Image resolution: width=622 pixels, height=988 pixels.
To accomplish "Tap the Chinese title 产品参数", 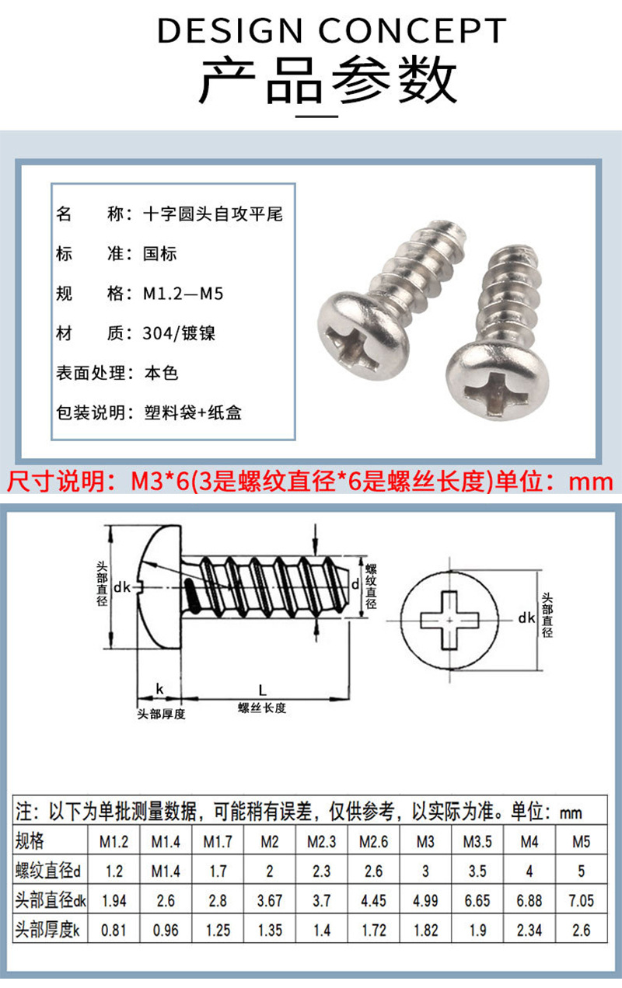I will click(x=327, y=80).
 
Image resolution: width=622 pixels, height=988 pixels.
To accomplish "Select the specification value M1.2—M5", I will click(x=183, y=294).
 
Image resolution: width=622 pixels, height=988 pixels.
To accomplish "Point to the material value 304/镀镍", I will click(x=179, y=333).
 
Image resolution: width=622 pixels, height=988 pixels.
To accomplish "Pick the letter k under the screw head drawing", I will click(x=159, y=689).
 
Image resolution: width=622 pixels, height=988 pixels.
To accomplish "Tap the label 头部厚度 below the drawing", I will click(x=161, y=714).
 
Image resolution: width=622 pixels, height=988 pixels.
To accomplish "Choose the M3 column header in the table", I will click(x=425, y=841).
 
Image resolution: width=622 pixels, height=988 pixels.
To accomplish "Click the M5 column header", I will click(x=581, y=841).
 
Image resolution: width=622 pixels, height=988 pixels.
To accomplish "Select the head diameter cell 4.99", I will click(x=425, y=901).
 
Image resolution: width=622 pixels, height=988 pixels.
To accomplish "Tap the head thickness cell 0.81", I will click(x=114, y=931).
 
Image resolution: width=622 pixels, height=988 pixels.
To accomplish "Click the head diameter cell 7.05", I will click(x=581, y=901).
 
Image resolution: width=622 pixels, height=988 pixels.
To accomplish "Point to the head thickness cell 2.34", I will click(x=529, y=931).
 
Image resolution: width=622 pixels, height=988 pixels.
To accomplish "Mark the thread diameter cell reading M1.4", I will click(x=166, y=871).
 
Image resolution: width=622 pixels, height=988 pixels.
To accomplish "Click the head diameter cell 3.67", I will click(x=270, y=901).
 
